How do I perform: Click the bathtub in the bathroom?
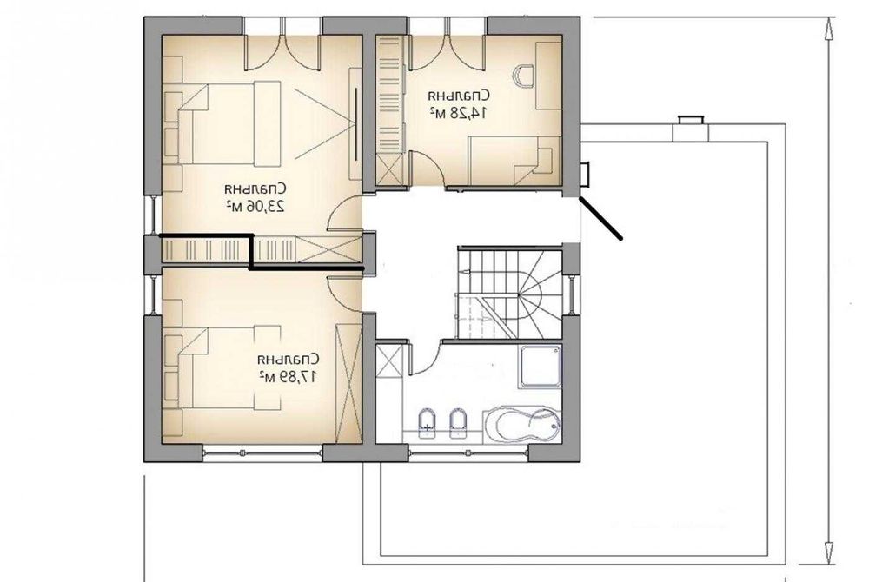coord(519,425)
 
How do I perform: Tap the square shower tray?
coord(541,366)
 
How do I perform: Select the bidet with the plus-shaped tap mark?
coord(427,423)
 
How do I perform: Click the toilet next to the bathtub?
coord(458,423)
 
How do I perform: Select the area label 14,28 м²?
coord(449,113)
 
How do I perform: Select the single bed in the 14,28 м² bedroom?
coord(513,162)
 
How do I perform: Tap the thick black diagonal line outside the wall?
coord(601,217)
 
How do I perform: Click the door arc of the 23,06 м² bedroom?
coord(345,214)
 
